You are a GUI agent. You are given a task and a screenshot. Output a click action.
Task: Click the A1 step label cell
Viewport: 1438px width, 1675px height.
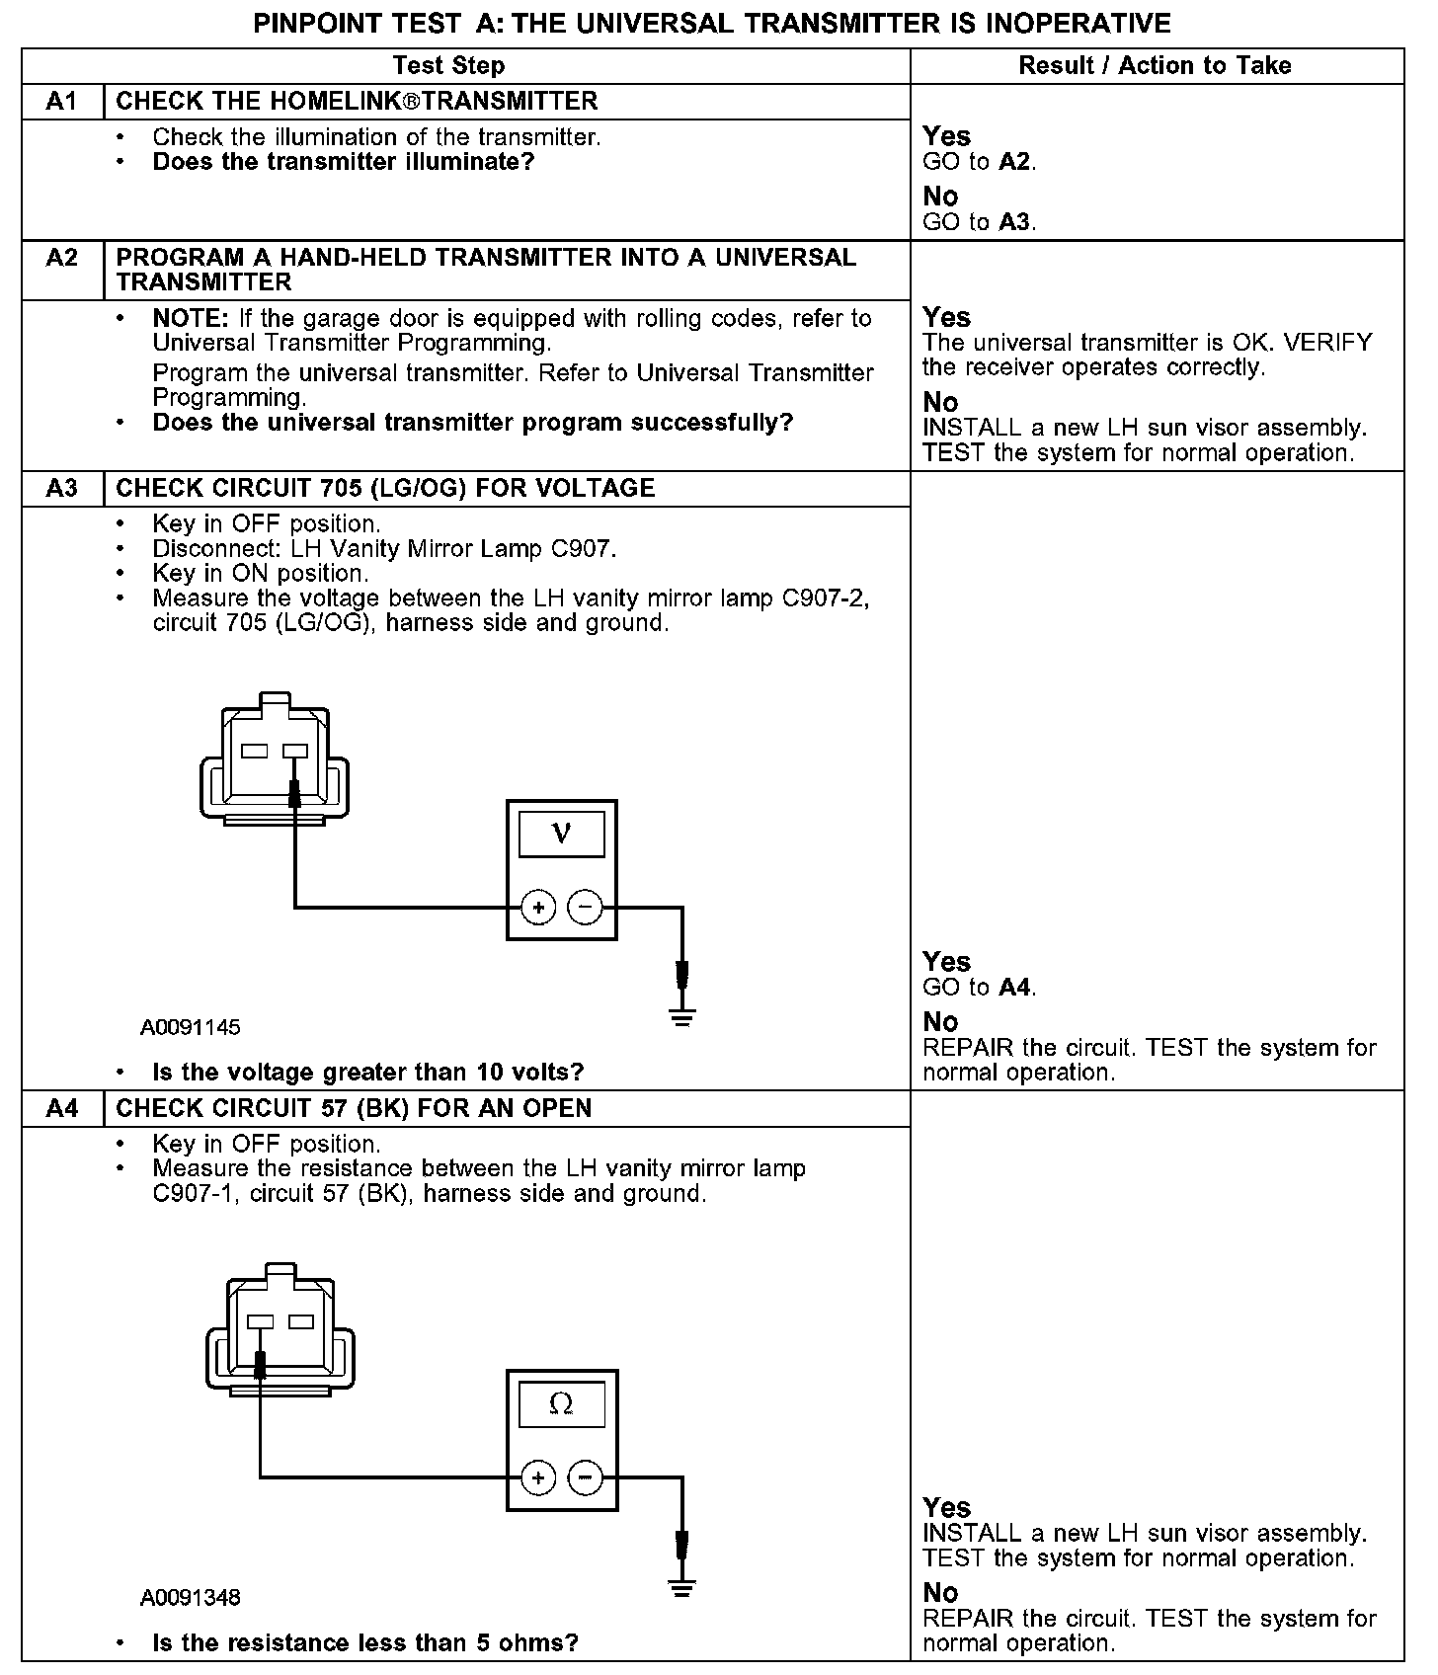62,102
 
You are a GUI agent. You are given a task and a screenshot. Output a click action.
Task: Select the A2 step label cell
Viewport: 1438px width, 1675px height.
62,259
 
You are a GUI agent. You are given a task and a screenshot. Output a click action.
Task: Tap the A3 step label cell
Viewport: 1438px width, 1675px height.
62,489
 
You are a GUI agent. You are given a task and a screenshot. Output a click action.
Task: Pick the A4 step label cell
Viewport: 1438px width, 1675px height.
62,1108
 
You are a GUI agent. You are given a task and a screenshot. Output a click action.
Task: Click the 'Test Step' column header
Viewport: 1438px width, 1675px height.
448,66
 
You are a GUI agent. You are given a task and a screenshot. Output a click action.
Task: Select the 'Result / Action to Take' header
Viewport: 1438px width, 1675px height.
1155,66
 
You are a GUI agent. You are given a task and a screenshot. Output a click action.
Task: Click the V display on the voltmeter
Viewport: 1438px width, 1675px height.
561,834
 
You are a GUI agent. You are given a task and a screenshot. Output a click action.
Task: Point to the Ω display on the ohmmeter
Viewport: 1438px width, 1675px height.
561,1403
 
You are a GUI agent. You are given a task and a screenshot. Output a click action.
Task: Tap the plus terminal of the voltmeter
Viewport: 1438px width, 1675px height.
538,907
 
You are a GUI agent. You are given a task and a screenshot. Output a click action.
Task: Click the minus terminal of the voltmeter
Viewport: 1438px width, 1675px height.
586,907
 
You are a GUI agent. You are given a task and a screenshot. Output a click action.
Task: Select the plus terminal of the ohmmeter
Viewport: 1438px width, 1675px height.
538,1477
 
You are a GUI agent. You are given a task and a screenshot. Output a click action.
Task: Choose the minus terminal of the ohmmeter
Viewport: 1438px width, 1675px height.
586,1477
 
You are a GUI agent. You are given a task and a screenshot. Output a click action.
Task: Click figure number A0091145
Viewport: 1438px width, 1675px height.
190,1027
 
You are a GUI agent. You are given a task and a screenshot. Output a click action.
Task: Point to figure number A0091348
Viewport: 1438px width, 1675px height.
190,1597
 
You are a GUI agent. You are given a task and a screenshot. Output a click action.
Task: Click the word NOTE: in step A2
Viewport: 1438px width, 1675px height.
191,319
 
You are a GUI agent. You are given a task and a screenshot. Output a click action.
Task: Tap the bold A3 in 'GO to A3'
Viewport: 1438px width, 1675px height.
1014,222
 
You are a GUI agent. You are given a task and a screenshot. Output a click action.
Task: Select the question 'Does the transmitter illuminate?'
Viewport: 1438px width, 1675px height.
343,162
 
